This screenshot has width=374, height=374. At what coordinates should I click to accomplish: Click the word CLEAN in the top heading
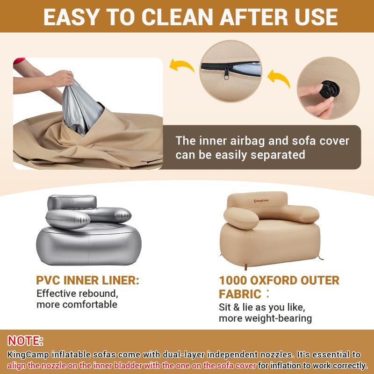coord(177,17)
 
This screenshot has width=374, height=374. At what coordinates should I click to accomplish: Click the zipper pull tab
coord(226,73)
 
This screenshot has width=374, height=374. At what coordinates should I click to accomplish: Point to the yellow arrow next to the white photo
coord(182,65)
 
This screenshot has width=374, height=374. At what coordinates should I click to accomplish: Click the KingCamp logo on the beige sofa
coord(261,201)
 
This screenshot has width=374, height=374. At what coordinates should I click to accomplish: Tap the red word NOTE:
coord(25,340)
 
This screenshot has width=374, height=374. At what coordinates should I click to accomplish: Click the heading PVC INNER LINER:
coord(87,280)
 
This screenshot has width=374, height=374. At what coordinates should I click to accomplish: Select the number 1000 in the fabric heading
coord(233,280)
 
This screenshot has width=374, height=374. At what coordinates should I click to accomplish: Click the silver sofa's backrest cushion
coord(72,202)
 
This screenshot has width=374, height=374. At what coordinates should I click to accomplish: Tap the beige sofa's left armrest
coord(241,218)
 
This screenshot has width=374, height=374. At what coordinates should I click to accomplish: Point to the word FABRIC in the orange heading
coord(240,294)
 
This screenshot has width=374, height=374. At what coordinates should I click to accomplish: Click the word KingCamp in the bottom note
coord(28,355)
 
